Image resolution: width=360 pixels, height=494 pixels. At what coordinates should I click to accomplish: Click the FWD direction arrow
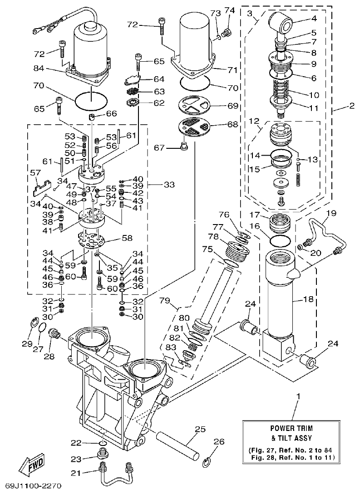(31, 465)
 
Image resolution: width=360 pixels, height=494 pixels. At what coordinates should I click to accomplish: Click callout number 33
(169, 185)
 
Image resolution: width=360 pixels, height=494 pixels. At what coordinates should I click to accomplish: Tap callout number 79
(165, 300)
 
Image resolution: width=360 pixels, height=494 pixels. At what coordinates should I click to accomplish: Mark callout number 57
(35, 173)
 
